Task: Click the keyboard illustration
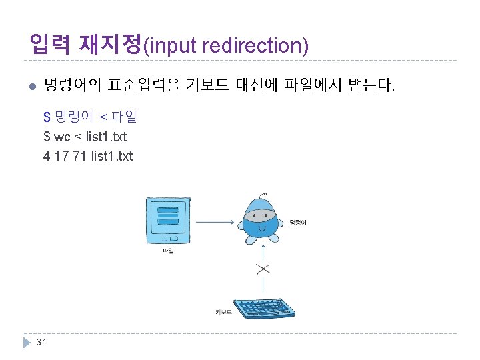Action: tap(266, 308)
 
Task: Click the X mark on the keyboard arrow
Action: tap(263, 269)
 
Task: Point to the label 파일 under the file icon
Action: tap(167, 252)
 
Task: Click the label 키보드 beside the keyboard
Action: tap(223, 311)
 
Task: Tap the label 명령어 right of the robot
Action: tap(298, 222)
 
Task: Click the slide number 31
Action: tap(41, 342)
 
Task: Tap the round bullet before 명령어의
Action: tap(30, 86)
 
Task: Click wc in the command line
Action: tap(63, 137)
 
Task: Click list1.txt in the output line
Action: tap(111, 156)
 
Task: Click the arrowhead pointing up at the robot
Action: tap(263, 245)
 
